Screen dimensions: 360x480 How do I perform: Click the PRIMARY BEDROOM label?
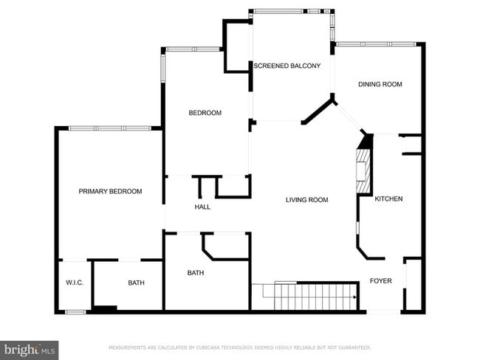[110, 191]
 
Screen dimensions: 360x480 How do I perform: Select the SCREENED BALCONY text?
[287, 66]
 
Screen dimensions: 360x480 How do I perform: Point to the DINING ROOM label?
[380, 84]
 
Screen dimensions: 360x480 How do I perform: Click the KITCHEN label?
[388, 199]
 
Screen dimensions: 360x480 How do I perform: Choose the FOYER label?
[380, 281]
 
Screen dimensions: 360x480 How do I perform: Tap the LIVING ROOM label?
[307, 200]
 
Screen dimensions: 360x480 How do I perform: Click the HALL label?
[202, 207]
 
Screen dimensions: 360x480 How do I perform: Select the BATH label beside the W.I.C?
[136, 283]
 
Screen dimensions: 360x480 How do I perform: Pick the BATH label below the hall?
[195, 273]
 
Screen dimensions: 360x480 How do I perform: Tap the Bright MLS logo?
[30, 349]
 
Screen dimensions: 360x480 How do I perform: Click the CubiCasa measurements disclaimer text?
[239, 347]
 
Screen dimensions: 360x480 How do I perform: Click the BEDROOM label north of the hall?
[205, 113]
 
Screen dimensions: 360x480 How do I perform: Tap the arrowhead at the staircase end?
[355, 297]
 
